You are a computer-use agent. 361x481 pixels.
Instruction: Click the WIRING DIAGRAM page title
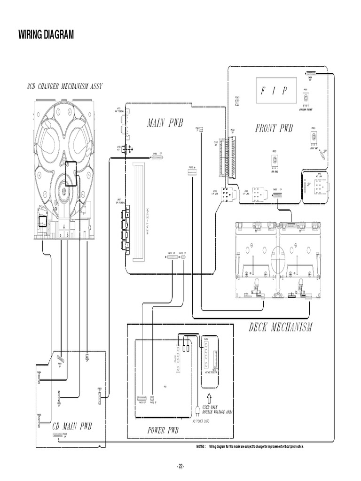[x=46, y=35]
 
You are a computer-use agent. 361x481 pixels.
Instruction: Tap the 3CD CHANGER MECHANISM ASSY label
[x=65, y=86]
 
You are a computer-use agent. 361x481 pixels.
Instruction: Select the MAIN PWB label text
[x=165, y=123]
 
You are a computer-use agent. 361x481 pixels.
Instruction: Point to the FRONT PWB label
[x=274, y=128]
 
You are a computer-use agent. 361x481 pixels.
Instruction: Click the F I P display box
[x=274, y=91]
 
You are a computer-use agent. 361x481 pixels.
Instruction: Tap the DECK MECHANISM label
[x=280, y=327]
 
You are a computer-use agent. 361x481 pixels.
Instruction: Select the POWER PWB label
[x=163, y=430]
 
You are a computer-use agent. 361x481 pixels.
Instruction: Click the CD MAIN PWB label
[x=72, y=427]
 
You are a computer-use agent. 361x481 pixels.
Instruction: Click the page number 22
[x=180, y=466]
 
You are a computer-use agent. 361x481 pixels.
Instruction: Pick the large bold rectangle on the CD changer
[x=71, y=173]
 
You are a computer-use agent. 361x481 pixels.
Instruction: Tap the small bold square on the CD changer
[x=42, y=221]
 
